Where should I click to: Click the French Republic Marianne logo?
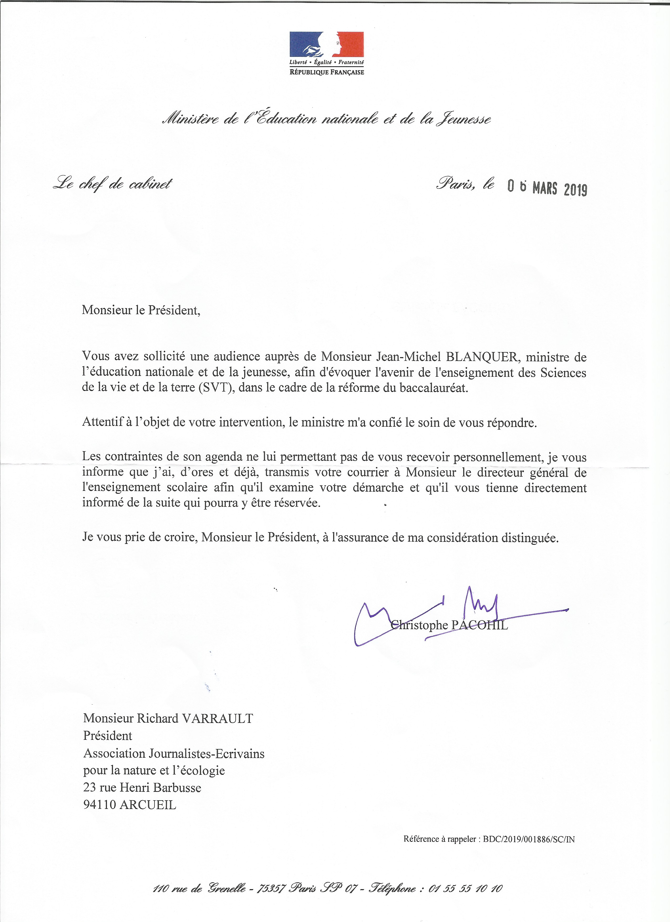point(326,44)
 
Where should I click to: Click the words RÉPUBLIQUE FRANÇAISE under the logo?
point(326,72)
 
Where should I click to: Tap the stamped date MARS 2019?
point(559,189)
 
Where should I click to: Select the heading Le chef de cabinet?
point(112,184)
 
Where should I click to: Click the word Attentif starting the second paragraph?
point(102,422)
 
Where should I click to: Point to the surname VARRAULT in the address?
point(217,718)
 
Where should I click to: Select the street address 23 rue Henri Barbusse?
point(142,787)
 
